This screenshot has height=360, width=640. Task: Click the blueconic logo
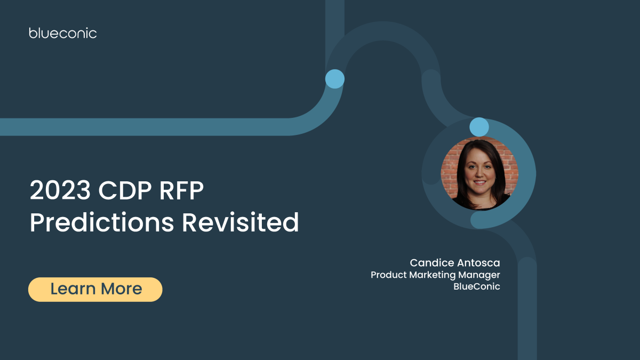point(63,33)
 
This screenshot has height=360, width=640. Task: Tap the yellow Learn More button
point(95,289)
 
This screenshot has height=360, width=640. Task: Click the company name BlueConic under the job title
point(476,287)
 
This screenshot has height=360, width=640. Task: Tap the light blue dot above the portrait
point(479,127)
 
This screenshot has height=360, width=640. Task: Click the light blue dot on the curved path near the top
point(335,79)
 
